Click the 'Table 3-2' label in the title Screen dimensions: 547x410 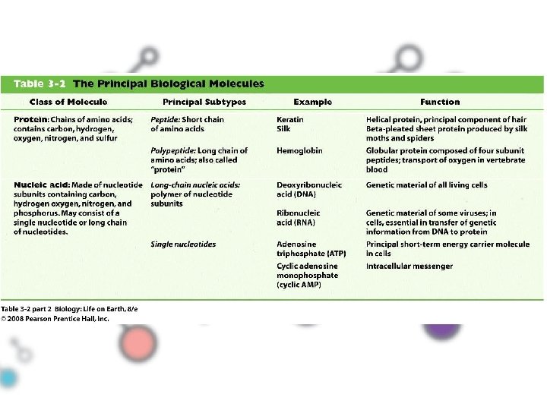tap(38, 84)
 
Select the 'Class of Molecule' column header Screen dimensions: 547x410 tap(68, 102)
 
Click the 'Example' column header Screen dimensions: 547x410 tap(313, 102)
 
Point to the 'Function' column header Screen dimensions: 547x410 tap(440, 102)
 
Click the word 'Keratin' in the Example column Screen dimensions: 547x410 tap(290, 119)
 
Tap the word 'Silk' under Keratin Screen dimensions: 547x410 tap(284, 129)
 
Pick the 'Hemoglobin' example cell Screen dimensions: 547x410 tap(299, 150)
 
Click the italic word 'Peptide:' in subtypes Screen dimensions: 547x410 tap(165, 119)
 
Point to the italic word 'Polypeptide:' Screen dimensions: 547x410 tap(173, 150)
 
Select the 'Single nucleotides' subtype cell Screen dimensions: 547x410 tap(183, 244)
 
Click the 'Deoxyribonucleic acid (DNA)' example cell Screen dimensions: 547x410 tap(308, 189)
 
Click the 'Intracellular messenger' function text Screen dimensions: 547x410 tap(409, 266)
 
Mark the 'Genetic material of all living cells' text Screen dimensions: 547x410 tap(426, 184)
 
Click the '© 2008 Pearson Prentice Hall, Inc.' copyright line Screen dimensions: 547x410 tap(55, 319)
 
